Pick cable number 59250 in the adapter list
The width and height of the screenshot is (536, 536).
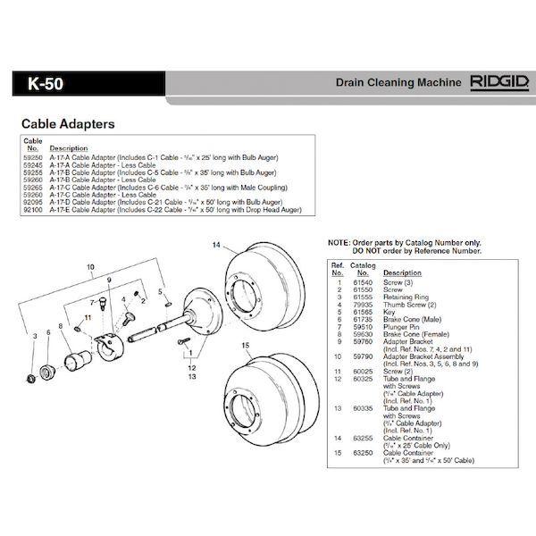pyautogui.click(x=33, y=156)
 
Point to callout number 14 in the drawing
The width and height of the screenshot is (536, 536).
pyautogui.click(x=215, y=245)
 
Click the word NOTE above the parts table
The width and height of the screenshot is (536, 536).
pyautogui.click(x=339, y=243)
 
